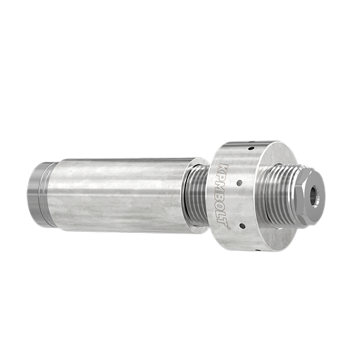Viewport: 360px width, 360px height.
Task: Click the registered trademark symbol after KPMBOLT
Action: pyautogui.click(x=228, y=227)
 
